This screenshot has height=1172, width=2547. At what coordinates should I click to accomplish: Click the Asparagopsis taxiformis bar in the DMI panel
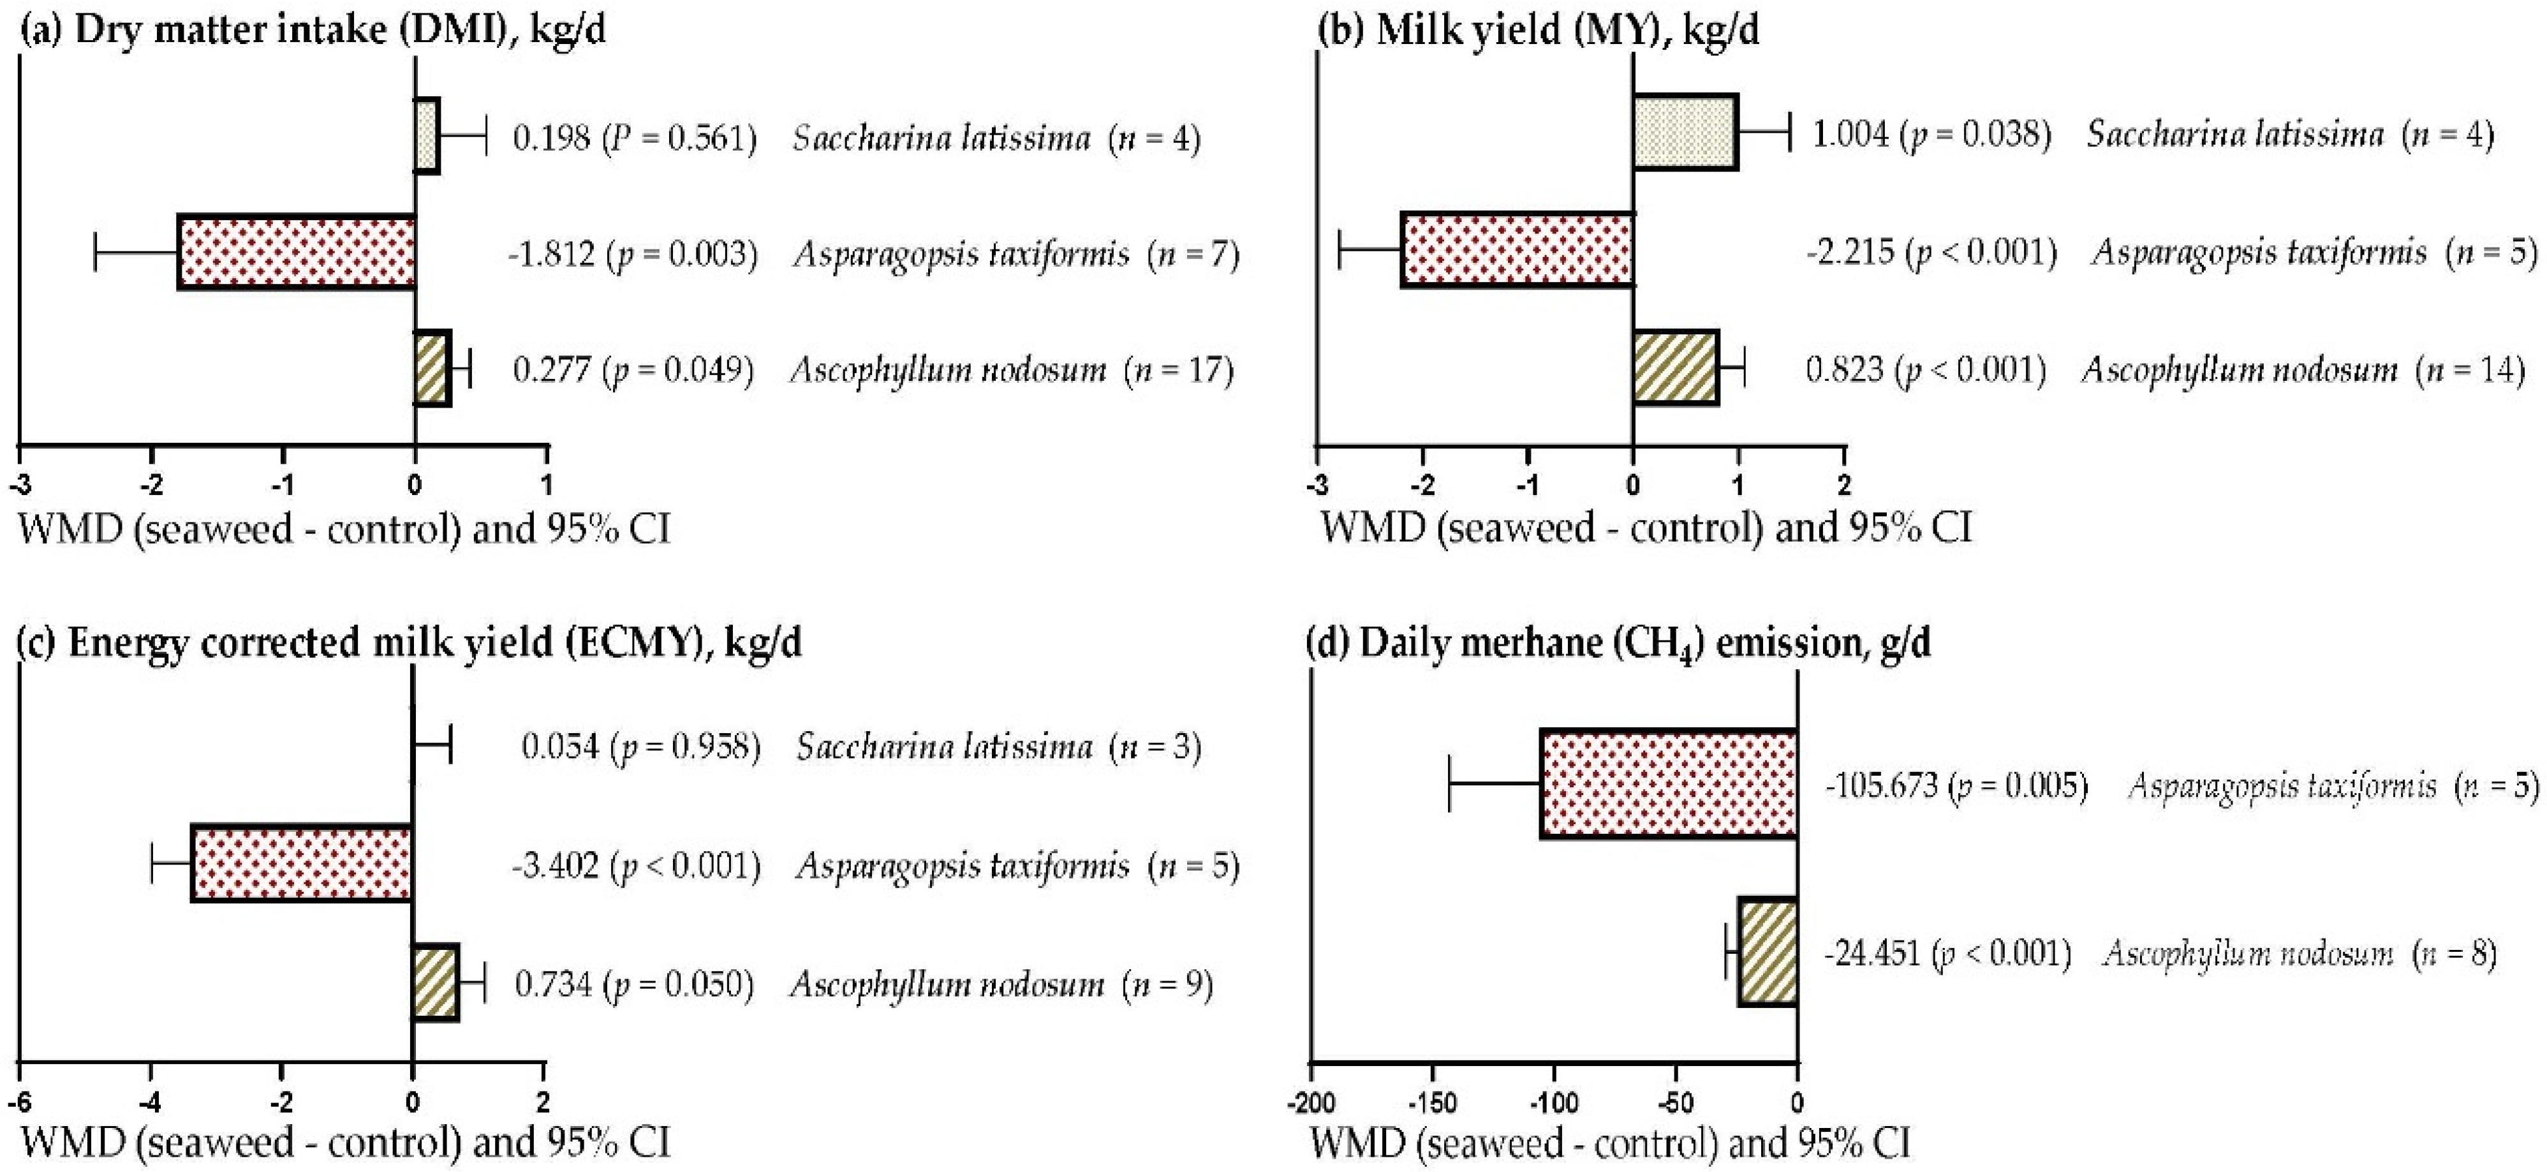coord(297,251)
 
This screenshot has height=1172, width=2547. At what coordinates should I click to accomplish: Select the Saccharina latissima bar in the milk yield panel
coord(1685,133)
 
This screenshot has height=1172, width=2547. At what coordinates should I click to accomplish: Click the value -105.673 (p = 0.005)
coord(1956,786)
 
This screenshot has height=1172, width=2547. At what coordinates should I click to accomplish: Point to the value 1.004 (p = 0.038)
coord(1931,133)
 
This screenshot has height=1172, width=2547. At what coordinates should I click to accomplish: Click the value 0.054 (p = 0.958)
coord(640,746)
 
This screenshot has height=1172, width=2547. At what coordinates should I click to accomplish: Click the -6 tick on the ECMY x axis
coord(20,1102)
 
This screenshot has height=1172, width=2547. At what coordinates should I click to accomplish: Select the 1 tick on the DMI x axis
coord(547,485)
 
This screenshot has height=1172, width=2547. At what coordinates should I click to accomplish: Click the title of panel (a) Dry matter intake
coord(313,30)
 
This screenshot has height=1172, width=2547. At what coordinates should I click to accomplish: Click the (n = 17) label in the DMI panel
coord(1179,370)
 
